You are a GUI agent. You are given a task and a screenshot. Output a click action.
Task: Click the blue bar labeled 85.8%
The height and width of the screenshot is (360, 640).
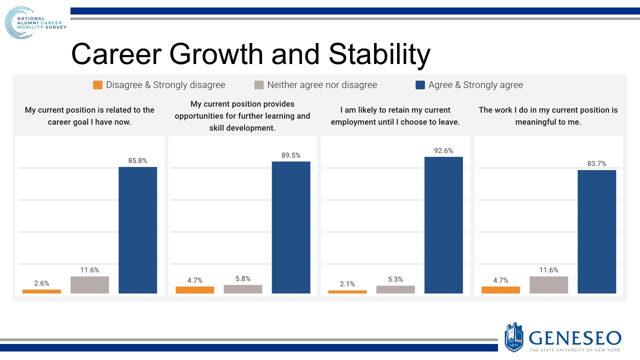(137, 230)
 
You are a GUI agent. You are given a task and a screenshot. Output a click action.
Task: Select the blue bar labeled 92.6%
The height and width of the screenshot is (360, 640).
(443, 225)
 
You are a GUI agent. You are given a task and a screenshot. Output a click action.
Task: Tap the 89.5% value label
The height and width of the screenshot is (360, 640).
(291, 155)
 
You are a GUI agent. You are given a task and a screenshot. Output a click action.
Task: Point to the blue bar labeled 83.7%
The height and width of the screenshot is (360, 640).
(596, 231)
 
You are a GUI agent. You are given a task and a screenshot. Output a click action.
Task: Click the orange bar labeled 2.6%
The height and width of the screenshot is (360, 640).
(41, 291)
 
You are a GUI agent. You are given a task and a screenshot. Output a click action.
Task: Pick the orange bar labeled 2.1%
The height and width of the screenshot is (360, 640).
(347, 291)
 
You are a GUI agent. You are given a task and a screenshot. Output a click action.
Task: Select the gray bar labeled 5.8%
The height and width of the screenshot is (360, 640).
(243, 289)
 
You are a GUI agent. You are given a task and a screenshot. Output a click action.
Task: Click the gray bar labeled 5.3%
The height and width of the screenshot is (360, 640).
(395, 289)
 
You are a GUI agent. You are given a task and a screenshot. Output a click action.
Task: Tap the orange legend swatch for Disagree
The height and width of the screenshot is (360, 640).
(97, 85)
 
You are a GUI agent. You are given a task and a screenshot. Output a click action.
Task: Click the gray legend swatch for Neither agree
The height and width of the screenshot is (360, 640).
(258, 85)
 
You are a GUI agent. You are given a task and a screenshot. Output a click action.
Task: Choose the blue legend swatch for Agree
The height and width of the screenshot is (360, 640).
(420, 85)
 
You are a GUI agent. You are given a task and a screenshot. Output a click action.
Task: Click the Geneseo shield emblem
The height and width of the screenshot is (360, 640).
(513, 336)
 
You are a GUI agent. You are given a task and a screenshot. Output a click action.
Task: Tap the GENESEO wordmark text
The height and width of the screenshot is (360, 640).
(575, 337)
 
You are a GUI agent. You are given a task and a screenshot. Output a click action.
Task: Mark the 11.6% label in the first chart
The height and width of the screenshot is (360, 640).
(89, 270)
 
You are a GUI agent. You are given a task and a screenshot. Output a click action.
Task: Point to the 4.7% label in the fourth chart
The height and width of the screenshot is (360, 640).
(500, 280)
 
